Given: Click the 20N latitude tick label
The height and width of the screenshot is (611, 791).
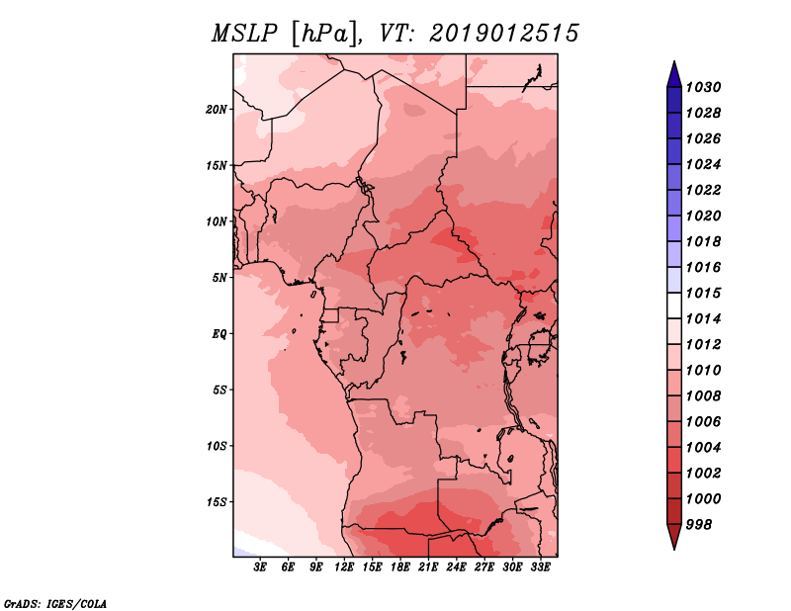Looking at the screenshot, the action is click(216, 110).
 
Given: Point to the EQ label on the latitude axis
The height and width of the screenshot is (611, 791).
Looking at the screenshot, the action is click(220, 334).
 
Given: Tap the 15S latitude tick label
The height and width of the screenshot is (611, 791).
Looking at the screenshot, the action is click(216, 502).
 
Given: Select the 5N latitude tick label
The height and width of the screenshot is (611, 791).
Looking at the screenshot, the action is click(220, 278).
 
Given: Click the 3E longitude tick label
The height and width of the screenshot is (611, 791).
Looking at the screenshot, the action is click(260, 567).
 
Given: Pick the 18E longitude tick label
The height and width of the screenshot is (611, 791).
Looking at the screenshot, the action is click(400, 567).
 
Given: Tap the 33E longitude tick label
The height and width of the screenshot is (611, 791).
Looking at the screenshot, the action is click(540, 567).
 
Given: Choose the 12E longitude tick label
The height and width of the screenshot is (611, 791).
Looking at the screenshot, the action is click(344, 567).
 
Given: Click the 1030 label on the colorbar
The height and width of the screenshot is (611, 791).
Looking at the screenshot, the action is click(703, 87).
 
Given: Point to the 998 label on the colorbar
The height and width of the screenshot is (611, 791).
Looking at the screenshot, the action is click(699, 525).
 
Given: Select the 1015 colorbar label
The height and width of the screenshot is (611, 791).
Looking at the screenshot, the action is click(703, 293).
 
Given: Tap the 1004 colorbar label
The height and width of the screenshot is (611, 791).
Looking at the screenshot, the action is click(703, 448).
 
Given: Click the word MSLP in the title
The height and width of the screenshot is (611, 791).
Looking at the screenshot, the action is click(244, 34).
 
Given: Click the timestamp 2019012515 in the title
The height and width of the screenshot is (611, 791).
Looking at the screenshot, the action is click(504, 34).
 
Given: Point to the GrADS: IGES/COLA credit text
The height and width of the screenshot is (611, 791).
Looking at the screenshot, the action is click(55, 604).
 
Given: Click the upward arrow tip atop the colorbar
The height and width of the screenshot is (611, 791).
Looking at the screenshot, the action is click(674, 61).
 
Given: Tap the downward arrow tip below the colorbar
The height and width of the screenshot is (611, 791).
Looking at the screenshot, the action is click(674, 549).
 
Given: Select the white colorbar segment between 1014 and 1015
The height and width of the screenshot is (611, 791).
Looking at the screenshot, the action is click(674, 305).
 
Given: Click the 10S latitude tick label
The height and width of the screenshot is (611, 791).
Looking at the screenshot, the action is click(216, 446).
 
